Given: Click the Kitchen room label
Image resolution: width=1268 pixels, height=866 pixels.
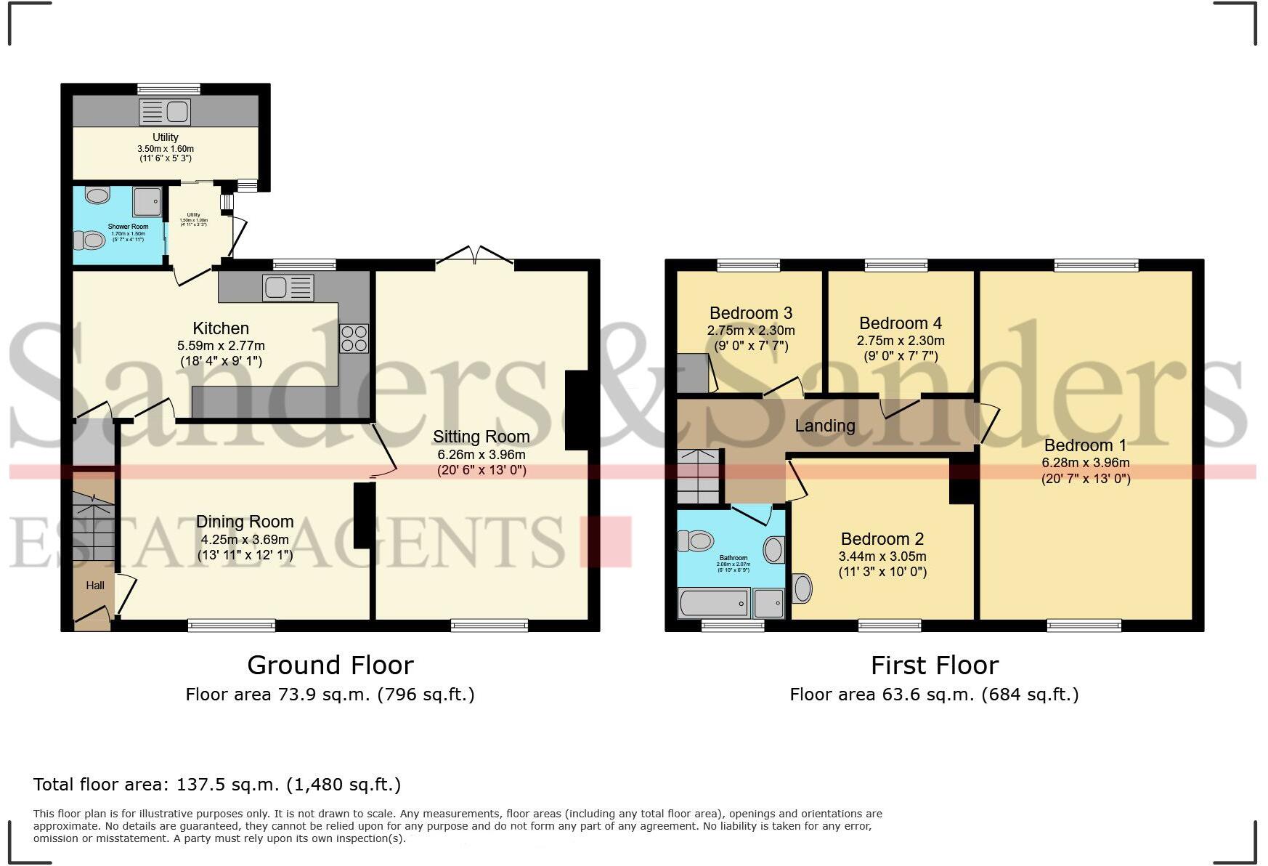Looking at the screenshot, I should point(221,328).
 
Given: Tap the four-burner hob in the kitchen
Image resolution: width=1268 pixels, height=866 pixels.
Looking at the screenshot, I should point(354,339).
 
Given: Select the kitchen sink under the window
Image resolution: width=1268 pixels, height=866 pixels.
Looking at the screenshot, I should point(288,288).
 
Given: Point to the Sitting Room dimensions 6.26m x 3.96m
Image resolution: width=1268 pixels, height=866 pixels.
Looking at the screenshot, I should point(481,454).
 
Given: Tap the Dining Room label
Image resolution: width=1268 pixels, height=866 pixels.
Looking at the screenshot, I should point(245,522).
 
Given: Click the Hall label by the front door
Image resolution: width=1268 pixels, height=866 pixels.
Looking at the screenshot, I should point(95,586).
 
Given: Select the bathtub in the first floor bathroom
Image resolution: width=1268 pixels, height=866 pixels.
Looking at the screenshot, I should point(713,603).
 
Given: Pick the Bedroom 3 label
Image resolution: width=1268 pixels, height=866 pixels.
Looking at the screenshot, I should point(750,313).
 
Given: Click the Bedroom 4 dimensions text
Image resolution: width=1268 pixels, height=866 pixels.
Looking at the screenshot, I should point(901,348).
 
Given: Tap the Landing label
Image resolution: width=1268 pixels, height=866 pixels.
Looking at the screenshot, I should point(824,426).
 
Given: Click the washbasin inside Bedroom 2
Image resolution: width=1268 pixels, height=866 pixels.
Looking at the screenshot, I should point(802,588).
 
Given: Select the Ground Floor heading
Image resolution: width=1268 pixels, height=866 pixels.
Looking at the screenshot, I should point(330,665).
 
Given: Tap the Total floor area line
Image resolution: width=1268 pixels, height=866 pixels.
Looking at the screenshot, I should point(216,785).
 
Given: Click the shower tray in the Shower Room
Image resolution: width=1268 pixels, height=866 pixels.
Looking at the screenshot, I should point(147,201).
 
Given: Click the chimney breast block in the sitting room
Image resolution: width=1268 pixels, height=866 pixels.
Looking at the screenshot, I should point(577,410).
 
